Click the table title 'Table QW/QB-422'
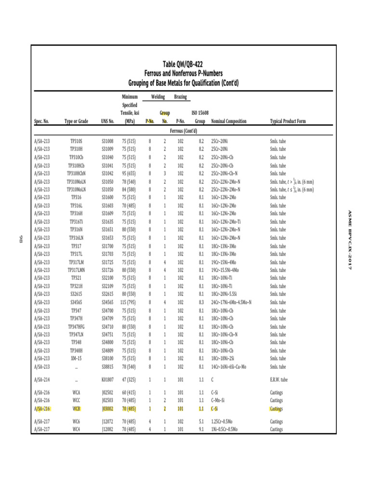(x=186, y=64)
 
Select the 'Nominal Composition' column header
(x=229, y=121)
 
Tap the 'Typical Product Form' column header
(x=288, y=121)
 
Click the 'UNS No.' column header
(x=107, y=121)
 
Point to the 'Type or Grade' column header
(x=76, y=121)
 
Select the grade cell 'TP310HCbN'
(x=76, y=173)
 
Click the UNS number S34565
(x=107, y=302)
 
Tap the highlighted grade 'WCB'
(x=76, y=409)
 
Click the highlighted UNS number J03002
(x=107, y=409)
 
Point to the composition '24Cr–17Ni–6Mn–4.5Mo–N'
(x=231, y=302)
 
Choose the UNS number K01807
(x=107, y=380)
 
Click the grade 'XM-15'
(x=76, y=358)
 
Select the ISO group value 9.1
(x=201, y=429)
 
